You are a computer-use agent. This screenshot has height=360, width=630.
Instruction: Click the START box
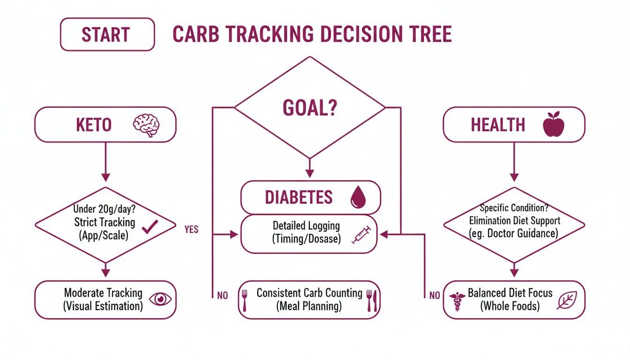pos(107,34)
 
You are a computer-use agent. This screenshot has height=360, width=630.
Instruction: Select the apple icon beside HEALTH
pos(553,124)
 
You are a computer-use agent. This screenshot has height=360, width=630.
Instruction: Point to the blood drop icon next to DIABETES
pos(357,198)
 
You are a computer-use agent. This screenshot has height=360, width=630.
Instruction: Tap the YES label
pos(191,229)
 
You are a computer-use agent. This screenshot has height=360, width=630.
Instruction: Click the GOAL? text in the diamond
pos(310,108)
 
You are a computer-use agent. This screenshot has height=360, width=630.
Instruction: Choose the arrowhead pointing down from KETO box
pos(105,177)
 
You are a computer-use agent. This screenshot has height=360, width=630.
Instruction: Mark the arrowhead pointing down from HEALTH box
pos(514,177)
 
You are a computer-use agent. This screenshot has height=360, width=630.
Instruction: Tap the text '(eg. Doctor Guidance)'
pos(514,233)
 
